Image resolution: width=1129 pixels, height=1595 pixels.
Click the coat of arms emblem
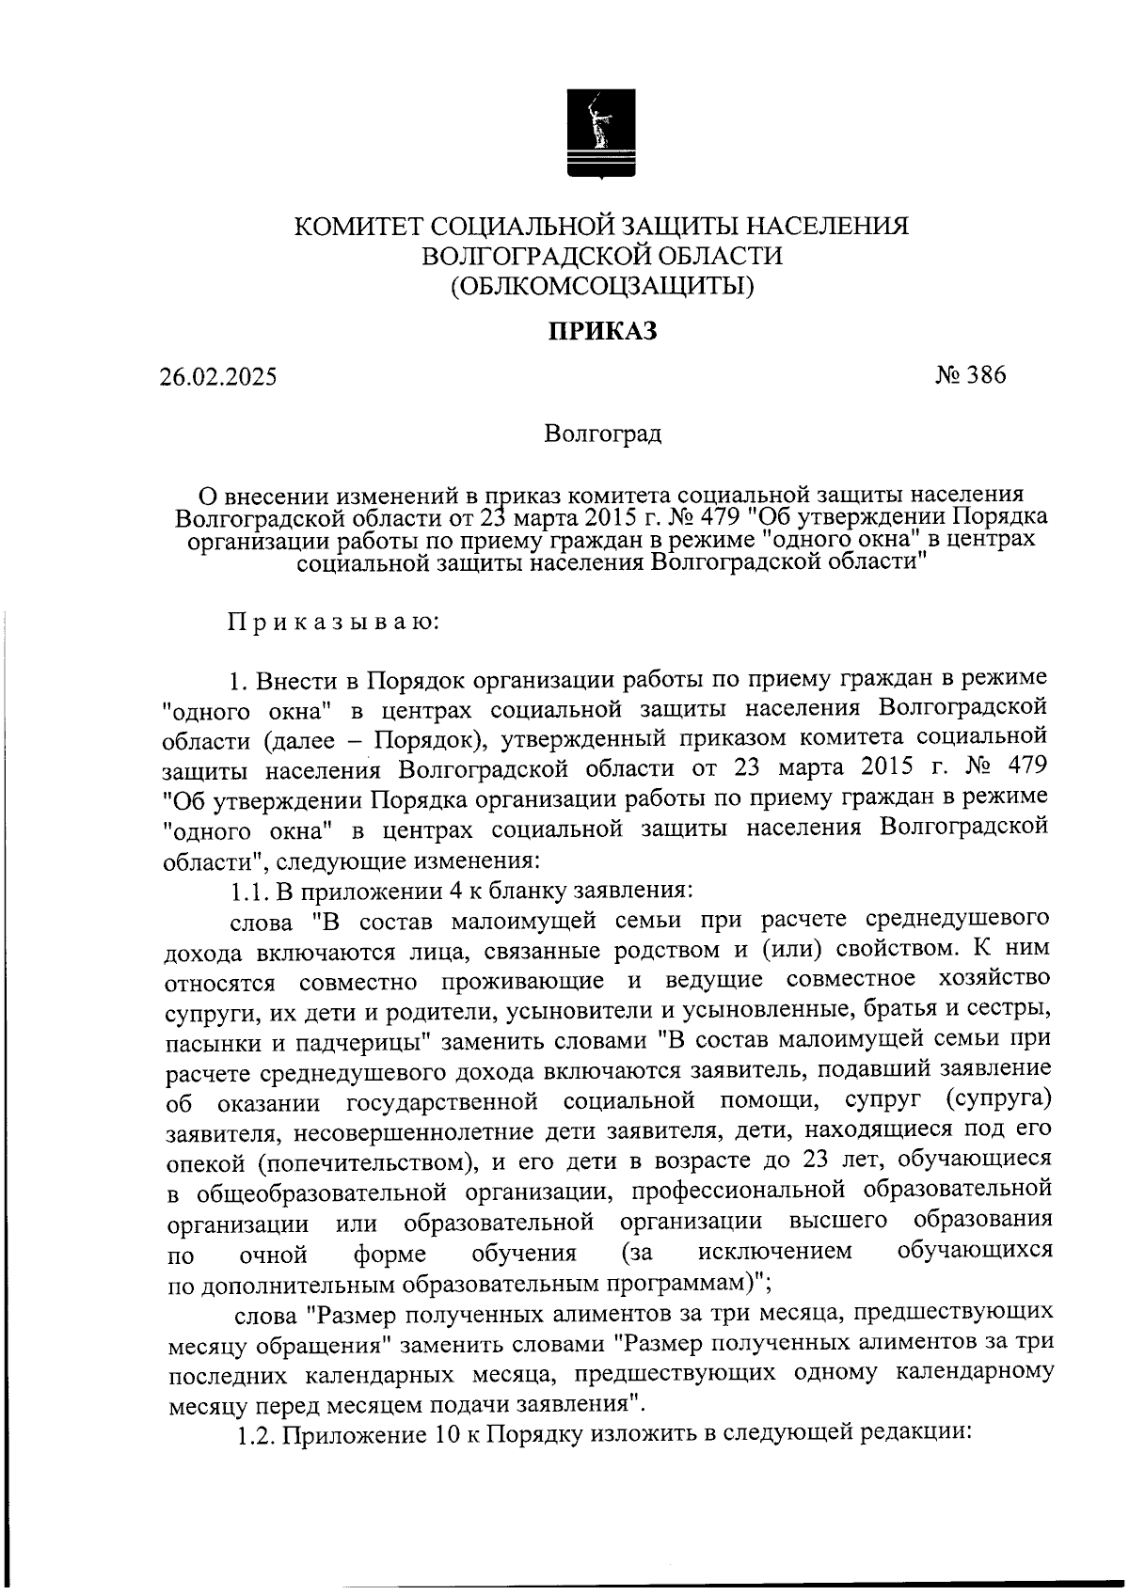(602, 133)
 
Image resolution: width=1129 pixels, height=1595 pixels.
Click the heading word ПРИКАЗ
(602, 331)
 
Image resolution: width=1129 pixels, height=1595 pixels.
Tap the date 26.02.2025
(217, 377)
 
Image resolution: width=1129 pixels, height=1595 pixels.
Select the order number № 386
(970, 375)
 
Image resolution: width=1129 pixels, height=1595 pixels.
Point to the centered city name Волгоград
(602, 434)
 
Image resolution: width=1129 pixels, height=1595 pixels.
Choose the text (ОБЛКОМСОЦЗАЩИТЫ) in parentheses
(602, 284)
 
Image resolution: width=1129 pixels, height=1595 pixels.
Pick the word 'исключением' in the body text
(775, 1252)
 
